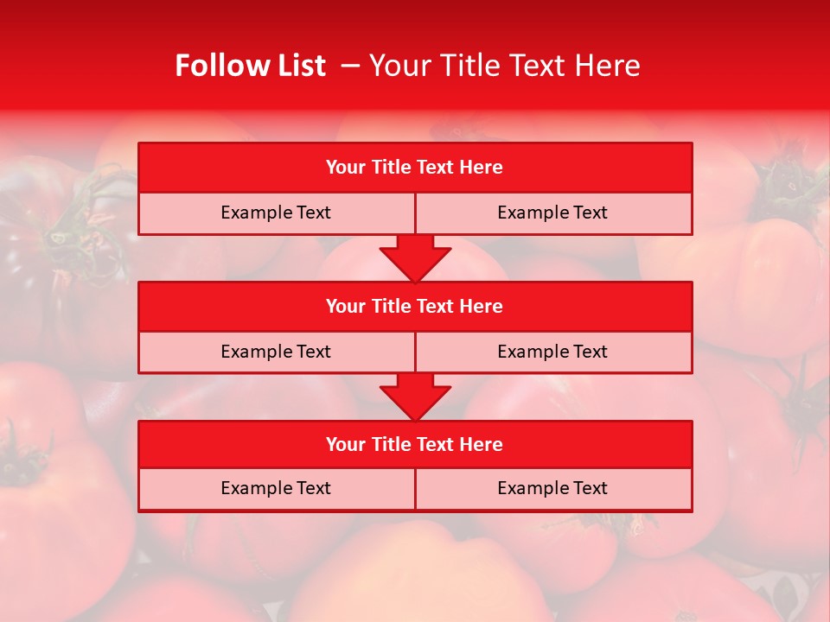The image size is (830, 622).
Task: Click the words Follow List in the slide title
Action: (250, 66)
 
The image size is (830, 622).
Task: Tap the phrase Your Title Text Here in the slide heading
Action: (505, 66)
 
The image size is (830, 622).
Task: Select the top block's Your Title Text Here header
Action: (414, 168)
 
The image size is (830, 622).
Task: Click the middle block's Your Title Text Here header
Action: (414, 306)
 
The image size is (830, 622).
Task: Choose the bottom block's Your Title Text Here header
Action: (414, 444)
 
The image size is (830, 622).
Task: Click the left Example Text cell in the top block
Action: (276, 213)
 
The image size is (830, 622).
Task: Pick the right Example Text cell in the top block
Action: (552, 213)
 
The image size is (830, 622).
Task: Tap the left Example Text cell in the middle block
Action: (276, 352)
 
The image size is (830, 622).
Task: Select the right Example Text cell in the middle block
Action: (552, 352)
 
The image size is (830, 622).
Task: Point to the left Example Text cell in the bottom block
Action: (276, 488)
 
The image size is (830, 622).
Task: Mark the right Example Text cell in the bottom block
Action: (552, 488)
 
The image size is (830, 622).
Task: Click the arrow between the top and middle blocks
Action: (415, 257)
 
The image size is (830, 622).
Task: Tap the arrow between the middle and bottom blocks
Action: (415, 397)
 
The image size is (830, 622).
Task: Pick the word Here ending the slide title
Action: (610, 66)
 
